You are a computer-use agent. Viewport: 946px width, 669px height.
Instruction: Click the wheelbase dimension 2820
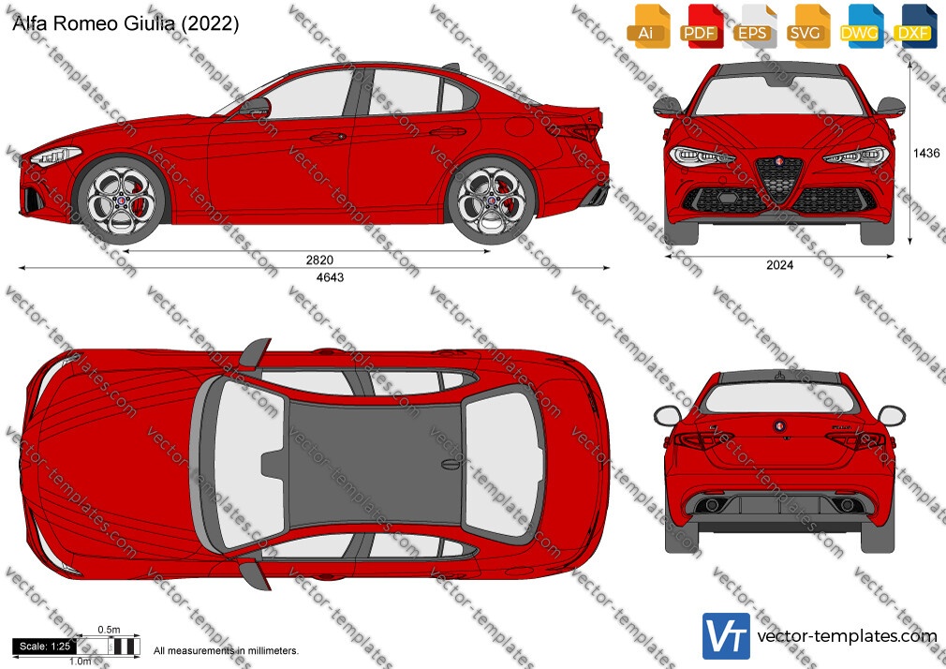coord(319,260)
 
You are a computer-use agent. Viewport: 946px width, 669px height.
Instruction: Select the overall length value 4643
coord(330,277)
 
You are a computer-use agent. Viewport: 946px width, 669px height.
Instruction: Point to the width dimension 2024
coord(779,265)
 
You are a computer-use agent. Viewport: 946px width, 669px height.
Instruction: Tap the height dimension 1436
coord(926,154)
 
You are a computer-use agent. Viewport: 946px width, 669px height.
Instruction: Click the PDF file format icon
coord(700,26)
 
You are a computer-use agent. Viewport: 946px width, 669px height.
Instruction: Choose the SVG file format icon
coord(806,26)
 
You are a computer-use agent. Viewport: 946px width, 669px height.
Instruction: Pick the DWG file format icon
coord(859,26)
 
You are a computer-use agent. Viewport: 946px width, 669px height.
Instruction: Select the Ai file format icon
coord(646,26)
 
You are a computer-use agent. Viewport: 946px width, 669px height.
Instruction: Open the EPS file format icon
coord(752,26)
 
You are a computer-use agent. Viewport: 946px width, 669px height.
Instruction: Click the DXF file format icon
coord(912,26)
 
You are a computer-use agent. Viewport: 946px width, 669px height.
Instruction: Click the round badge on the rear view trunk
coord(779,426)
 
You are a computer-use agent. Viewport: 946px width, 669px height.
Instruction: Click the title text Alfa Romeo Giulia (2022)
coord(126,23)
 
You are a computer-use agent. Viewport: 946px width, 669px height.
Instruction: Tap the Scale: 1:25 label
coord(45,647)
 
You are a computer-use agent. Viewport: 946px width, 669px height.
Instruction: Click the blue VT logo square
coord(726,636)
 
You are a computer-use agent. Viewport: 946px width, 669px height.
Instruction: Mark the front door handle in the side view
coord(328,138)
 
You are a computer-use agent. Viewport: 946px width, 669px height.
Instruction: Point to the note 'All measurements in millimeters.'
coord(226,651)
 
